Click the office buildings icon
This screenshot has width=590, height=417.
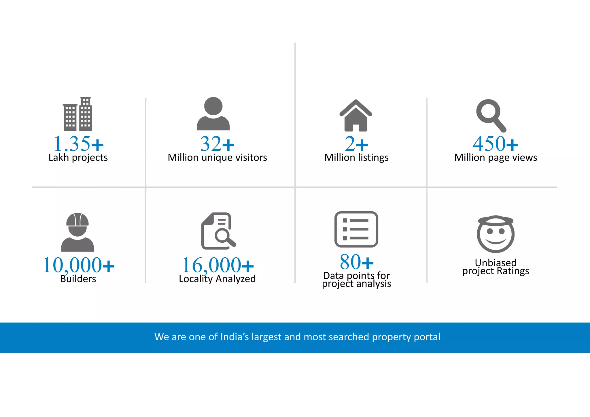pos(77,114)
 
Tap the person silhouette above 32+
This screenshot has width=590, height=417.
pos(213,114)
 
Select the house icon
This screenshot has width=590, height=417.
pos(356,116)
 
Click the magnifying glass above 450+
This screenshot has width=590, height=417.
pos(491,115)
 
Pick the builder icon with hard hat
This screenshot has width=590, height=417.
pos(77,232)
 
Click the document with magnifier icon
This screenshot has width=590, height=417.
pos(218,231)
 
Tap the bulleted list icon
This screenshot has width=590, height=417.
pos(356,229)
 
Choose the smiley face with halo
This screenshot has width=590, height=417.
pos(496,234)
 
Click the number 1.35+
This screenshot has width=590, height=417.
pos(78,144)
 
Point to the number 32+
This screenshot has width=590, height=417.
pos(218,144)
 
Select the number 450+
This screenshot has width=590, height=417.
pos(496,144)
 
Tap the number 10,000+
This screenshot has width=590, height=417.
pos(78,265)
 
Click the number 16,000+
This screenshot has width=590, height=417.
pos(218,265)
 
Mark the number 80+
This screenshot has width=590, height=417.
pos(356,262)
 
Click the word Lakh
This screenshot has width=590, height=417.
pos(58,158)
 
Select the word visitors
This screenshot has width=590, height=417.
pos(251,158)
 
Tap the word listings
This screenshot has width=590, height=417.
pos(373,158)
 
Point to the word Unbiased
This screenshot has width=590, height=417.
pos(496,263)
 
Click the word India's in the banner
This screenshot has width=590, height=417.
pos(234,337)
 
